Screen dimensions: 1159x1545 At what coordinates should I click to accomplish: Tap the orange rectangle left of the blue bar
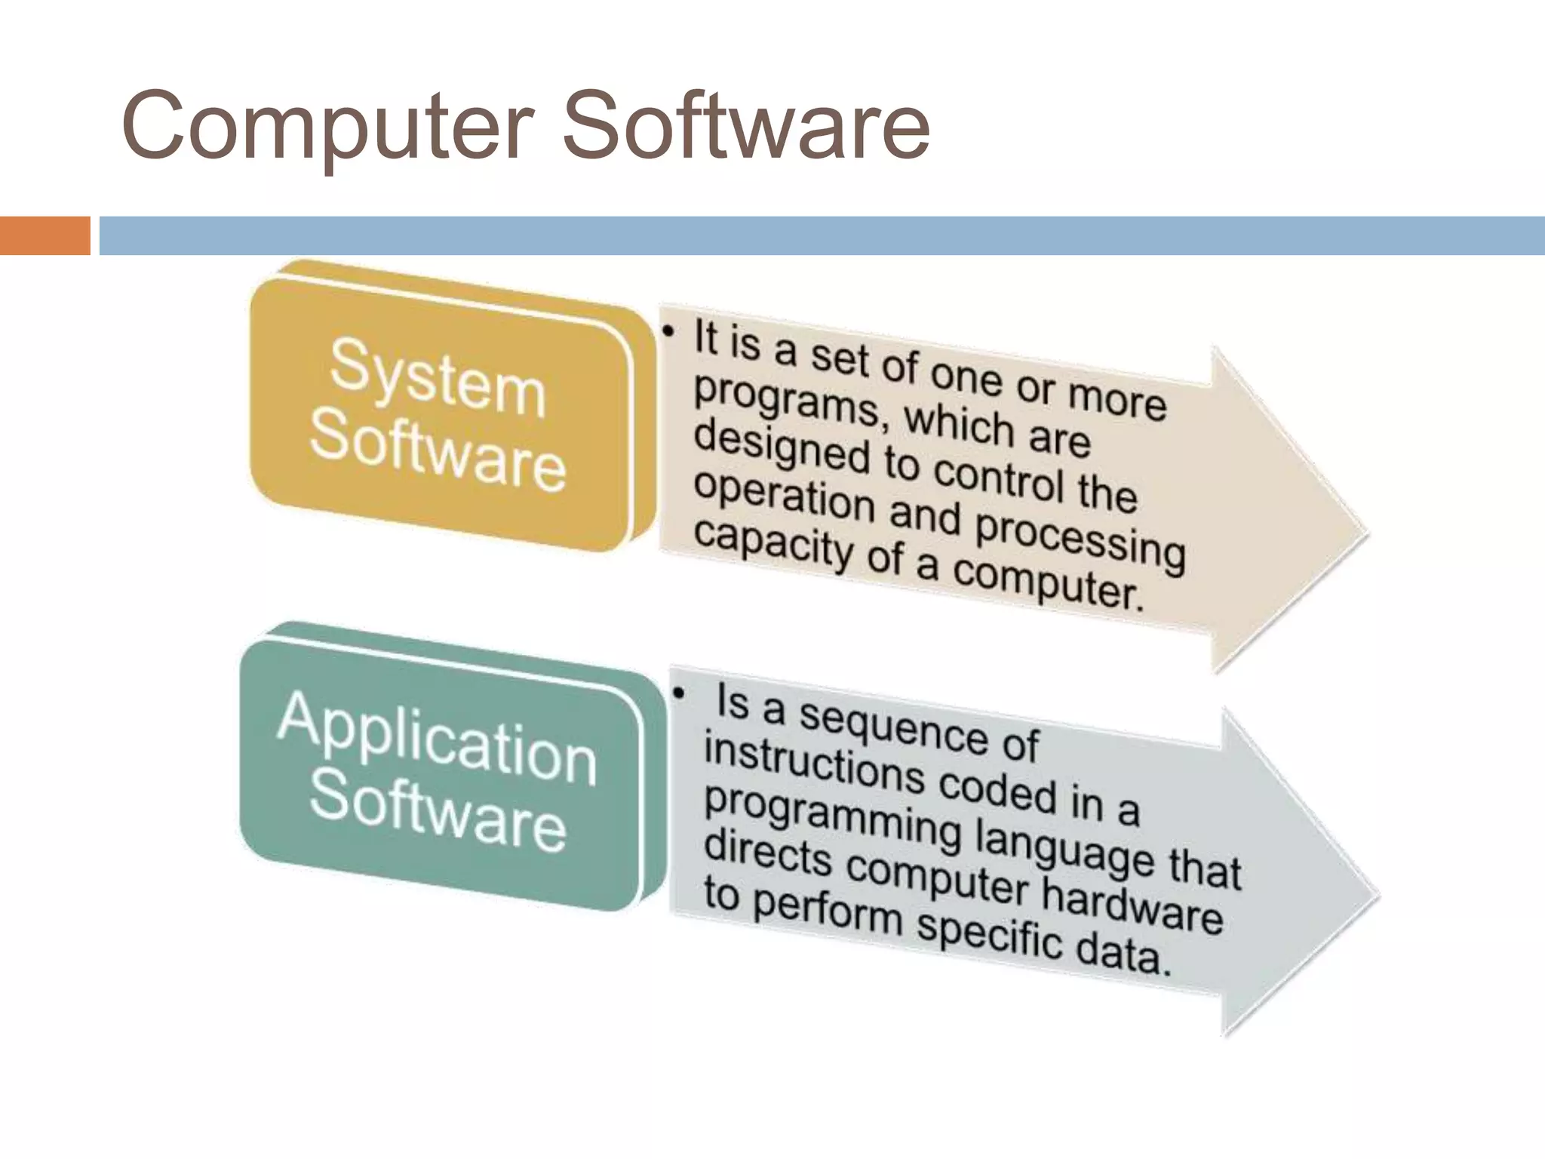(45, 235)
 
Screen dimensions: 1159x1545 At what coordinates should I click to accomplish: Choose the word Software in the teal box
(438, 812)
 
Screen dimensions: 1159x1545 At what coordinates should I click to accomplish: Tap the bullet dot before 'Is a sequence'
(680, 693)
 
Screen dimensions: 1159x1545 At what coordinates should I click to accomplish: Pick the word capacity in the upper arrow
(772, 542)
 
